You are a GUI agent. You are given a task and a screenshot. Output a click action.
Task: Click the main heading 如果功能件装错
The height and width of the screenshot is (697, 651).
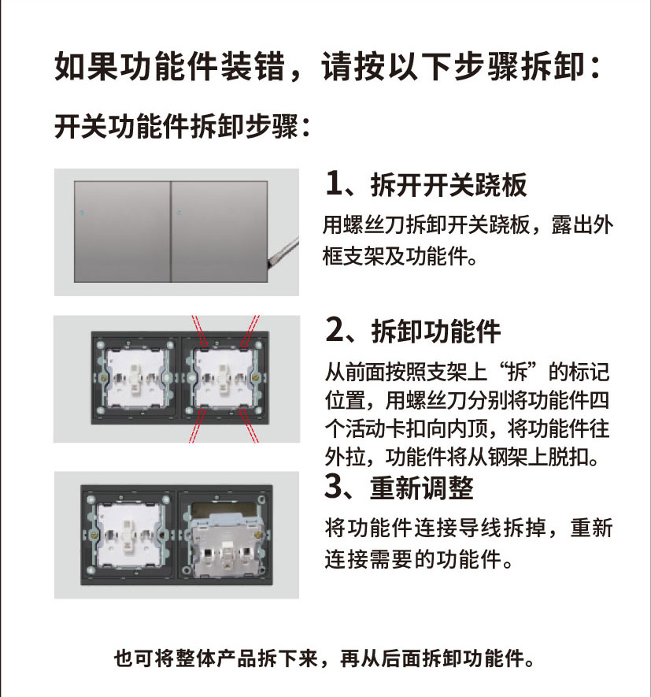[x=169, y=67]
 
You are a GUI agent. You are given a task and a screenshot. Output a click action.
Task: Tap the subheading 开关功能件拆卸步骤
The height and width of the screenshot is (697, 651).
[x=182, y=126]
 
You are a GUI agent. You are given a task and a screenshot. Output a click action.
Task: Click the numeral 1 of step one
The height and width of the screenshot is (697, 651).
[x=334, y=184]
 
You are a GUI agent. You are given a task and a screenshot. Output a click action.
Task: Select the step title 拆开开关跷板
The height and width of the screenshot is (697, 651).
[x=449, y=184]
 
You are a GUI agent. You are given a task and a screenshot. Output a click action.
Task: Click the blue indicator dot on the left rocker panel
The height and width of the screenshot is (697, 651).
[x=82, y=213]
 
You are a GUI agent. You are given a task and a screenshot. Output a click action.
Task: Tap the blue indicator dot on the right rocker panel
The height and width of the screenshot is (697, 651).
[x=179, y=213]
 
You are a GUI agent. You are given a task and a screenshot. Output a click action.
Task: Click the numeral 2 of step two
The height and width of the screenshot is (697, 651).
[x=335, y=330]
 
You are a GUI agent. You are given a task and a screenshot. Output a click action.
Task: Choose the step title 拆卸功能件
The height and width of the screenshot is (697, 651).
[x=436, y=331]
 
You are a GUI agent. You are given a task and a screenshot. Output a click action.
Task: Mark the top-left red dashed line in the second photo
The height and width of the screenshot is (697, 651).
[x=198, y=330]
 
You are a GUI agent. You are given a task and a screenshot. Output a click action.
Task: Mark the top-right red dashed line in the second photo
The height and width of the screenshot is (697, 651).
[x=250, y=330]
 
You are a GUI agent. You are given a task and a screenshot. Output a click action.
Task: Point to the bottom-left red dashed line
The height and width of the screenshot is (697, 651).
[x=198, y=426]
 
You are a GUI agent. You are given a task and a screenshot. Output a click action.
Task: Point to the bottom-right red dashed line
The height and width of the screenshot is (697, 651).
[x=250, y=426]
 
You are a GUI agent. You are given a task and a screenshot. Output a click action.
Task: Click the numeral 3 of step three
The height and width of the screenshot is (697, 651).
[x=334, y=486]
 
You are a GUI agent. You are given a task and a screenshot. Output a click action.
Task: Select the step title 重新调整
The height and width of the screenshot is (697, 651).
[x=422, y=488]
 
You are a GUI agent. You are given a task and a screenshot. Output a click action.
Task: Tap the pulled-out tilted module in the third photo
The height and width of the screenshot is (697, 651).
[x=225, y=544]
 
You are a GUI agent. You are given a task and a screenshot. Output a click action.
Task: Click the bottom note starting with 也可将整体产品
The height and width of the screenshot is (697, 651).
[x=324, y=658]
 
